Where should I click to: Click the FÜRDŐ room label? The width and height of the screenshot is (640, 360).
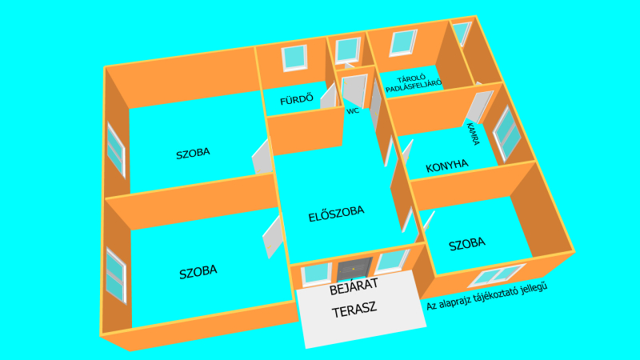[x=297, y=99]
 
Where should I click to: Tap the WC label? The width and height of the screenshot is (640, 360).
[x=353, y=111]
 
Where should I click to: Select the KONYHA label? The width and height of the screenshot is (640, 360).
[x=447, y=166]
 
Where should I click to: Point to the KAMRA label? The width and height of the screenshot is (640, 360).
[x=473, y=134]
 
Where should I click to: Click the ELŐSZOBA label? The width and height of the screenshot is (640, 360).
[x=336, y=214]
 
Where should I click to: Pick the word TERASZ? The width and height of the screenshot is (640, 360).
[x=354, y=310]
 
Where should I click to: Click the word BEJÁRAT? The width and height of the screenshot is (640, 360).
[x=354, y=287]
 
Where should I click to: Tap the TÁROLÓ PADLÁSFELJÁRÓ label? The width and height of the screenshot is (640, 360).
[x=414, y=83]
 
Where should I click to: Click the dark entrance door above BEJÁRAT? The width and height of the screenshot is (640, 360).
[x=354, y=269]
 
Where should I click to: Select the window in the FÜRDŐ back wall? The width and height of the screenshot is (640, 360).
[x=294, y=58]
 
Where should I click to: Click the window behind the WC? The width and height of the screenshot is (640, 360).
[x=348, y=50]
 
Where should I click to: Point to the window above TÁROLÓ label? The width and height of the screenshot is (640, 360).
[x=403, y=43]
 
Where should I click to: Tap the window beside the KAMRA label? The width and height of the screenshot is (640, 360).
[x=507, y=133]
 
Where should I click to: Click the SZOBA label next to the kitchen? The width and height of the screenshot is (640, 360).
[x=467, y=244]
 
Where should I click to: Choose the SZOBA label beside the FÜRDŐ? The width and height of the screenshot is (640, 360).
[x=193, y=154]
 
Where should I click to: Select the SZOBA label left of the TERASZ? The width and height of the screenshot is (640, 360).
[x=198, y=272]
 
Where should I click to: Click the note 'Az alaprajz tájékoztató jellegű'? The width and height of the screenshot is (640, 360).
[x=486, y=296]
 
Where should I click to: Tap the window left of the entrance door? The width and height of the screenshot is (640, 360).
[x=316, y=274]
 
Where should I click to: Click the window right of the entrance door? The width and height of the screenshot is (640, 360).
[x=392, y=262]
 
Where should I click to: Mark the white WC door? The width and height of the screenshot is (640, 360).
[x=354, y=90]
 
